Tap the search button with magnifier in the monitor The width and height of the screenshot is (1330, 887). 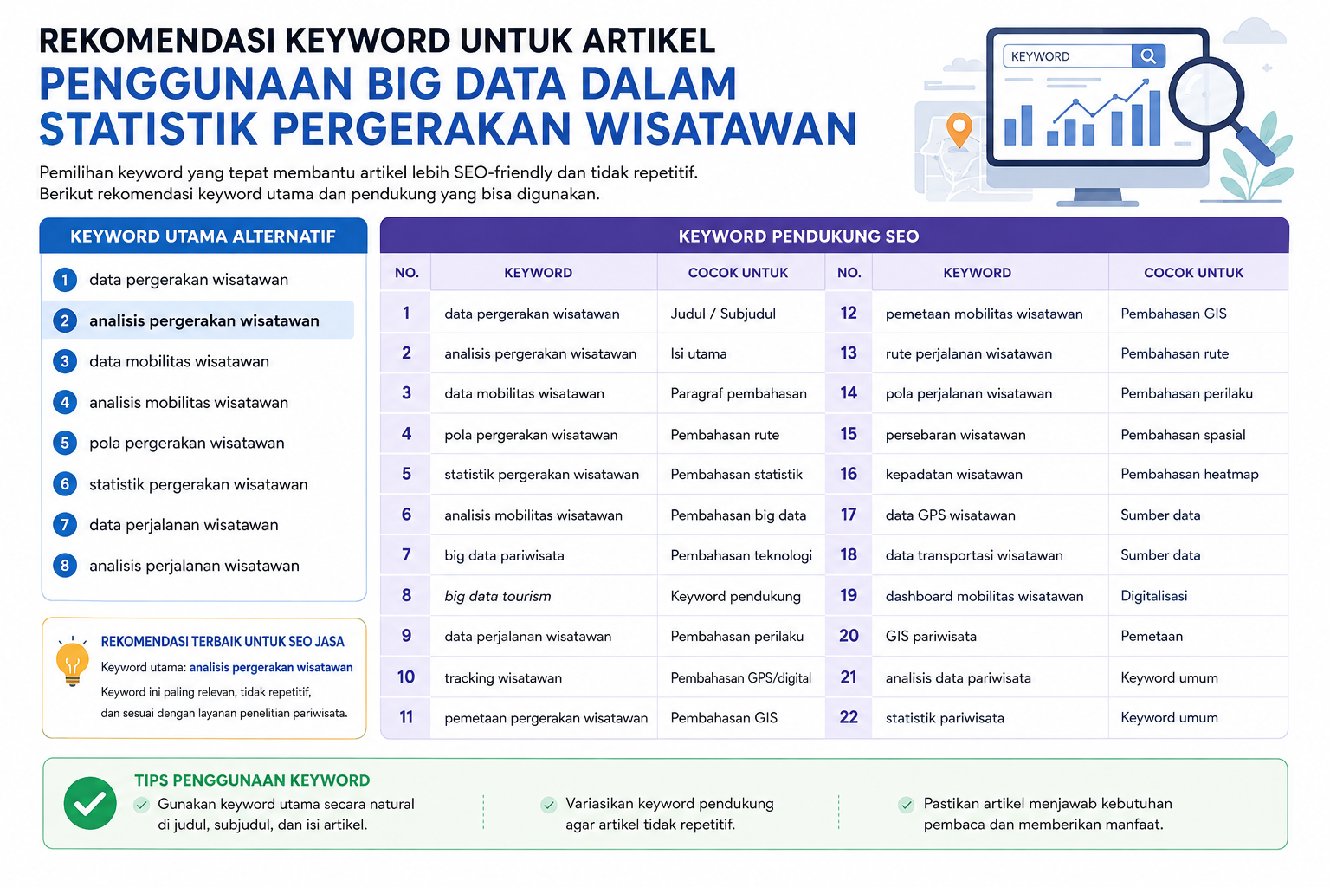pyautogui.click(x=1148, y=55)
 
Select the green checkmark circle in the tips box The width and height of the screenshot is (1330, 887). pyautogui.click(x=90, y=803)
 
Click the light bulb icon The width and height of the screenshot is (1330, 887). pyautogui.click(x=73, y=663)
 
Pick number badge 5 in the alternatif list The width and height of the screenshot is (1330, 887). pyautogui.click(x=65, y=443)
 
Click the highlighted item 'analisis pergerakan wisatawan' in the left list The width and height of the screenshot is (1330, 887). pyautogui.click(x=204, y=320)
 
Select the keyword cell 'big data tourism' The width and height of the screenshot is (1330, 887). pyautogui.click(x=498, y=596)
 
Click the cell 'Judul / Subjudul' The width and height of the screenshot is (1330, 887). pyautogui.click(x=723, y=314)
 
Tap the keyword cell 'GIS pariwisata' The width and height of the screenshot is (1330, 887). pyautogui.click(x=931, y=637)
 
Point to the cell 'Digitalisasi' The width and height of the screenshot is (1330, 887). pyautogui.click(x=1153, y=596)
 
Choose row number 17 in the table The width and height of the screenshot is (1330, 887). pyautogui.click(x=849, y=515)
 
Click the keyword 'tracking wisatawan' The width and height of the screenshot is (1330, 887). pyautogui.click(x=503, y=678)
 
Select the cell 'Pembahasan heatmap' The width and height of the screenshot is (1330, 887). pyautogui.click(x=1189, y=474)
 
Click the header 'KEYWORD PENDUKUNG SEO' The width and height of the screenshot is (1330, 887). pyautogui.click(x=798, y=236)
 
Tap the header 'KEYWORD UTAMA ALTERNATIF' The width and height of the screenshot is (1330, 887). pyautogui.click(x=203, y=236)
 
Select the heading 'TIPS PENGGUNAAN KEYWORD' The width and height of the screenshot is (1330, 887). pyautogui.click(x=252, y=780)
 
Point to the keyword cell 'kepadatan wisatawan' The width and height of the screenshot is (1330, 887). pyautogui.click(x=953, y=474)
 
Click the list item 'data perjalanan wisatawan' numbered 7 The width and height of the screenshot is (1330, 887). pyautogui.click(x=184, y=525)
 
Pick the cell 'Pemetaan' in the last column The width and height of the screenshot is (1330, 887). pyautogui.click(x=1152, y=637)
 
